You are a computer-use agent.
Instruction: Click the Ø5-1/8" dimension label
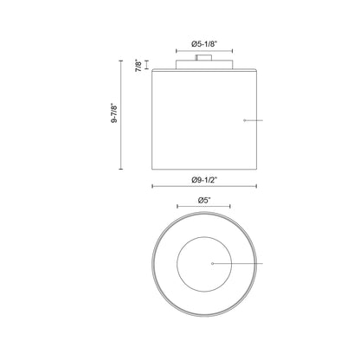click(x=204, y=44)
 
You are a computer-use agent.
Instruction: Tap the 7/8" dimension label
click(x=138, y=66)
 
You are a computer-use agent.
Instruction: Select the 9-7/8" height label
click(x=114, y=113)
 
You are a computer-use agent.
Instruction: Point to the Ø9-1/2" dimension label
click(x=204, y=180)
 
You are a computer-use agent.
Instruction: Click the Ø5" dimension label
click(x=204, y=201)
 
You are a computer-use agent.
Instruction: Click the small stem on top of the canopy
click(x=203, y=57)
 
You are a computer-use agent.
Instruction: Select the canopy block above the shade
click(x=204, y=64)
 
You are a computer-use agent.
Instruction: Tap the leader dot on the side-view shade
click(x=245, y=120)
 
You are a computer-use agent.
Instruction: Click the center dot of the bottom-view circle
click(x=213, y=263)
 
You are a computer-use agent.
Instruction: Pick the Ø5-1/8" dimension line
click(x=204, y=51)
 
